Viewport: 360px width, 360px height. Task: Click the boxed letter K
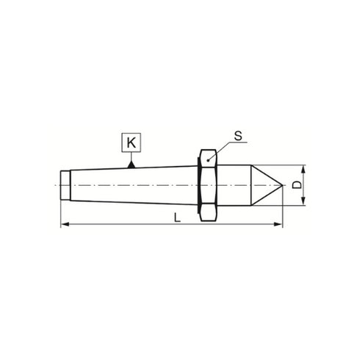[130, 142]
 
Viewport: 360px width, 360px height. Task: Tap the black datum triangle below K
[130, 165]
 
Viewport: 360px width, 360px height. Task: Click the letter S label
[238, 136]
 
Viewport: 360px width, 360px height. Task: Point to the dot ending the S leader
[209, 159]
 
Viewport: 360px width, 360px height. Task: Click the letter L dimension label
[176, 218]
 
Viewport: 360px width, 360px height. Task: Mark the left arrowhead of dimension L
[64, 224]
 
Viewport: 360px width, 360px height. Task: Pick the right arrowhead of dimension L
[278, 224]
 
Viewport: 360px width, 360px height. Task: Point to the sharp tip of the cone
[282, 185]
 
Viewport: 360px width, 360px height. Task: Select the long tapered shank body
[132, 185]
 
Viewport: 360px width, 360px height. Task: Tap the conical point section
[263, 185]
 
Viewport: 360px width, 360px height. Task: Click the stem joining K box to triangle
[130, 156]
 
